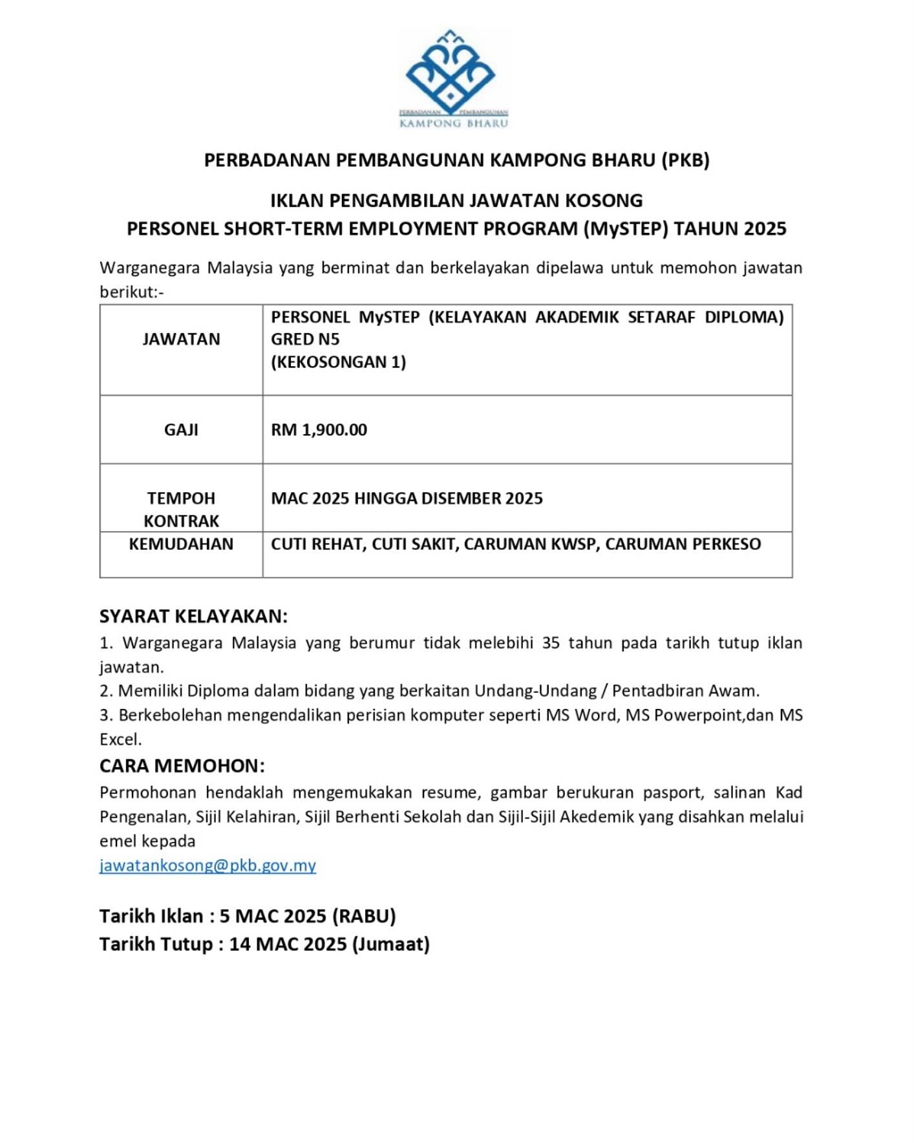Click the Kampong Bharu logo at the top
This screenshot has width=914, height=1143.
coord(452,78)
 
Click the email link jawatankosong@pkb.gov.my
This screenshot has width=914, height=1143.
coord(207,865)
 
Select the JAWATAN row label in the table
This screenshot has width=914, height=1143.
coord(181,339)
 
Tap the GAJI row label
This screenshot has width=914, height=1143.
coord(181,430)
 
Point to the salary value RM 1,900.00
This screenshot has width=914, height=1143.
coord(319,430)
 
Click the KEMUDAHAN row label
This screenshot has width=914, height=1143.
coord(181,544)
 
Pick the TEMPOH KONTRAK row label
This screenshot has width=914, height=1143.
coord(181,509)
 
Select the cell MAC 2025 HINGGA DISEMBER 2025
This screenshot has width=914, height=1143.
coord(407,498)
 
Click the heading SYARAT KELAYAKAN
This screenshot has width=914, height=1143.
coord(193,616)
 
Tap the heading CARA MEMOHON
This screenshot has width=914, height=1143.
coord(182,766)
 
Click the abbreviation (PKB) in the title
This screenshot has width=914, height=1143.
coord(685,160)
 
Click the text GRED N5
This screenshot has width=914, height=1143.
coord(305,339)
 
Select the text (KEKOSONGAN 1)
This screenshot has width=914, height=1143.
coord(338,362)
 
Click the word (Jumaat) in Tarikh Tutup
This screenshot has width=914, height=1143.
coord(391,944)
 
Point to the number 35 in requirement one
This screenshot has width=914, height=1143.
coord(551,643)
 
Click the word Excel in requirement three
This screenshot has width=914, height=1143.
coord(120,739)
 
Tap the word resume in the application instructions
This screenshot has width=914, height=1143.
coord(449,792)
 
